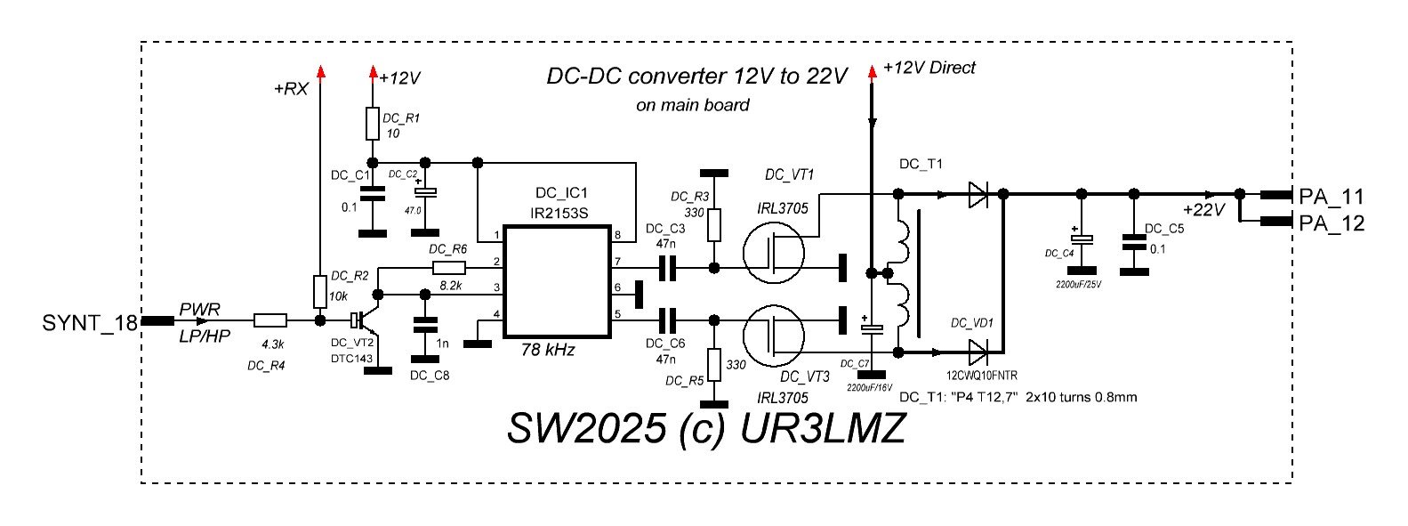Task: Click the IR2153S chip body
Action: pos(557,281)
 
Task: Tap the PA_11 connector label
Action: pos(1331,197)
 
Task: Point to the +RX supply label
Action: pos(291,90)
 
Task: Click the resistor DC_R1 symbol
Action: pos(373,124)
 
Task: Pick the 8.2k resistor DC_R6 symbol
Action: pos(449,268)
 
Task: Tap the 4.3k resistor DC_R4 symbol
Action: pos(270,320)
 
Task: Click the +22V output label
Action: pos(1204,210)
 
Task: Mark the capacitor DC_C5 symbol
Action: pos(1133,240)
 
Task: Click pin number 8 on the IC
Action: pos(616,236)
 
